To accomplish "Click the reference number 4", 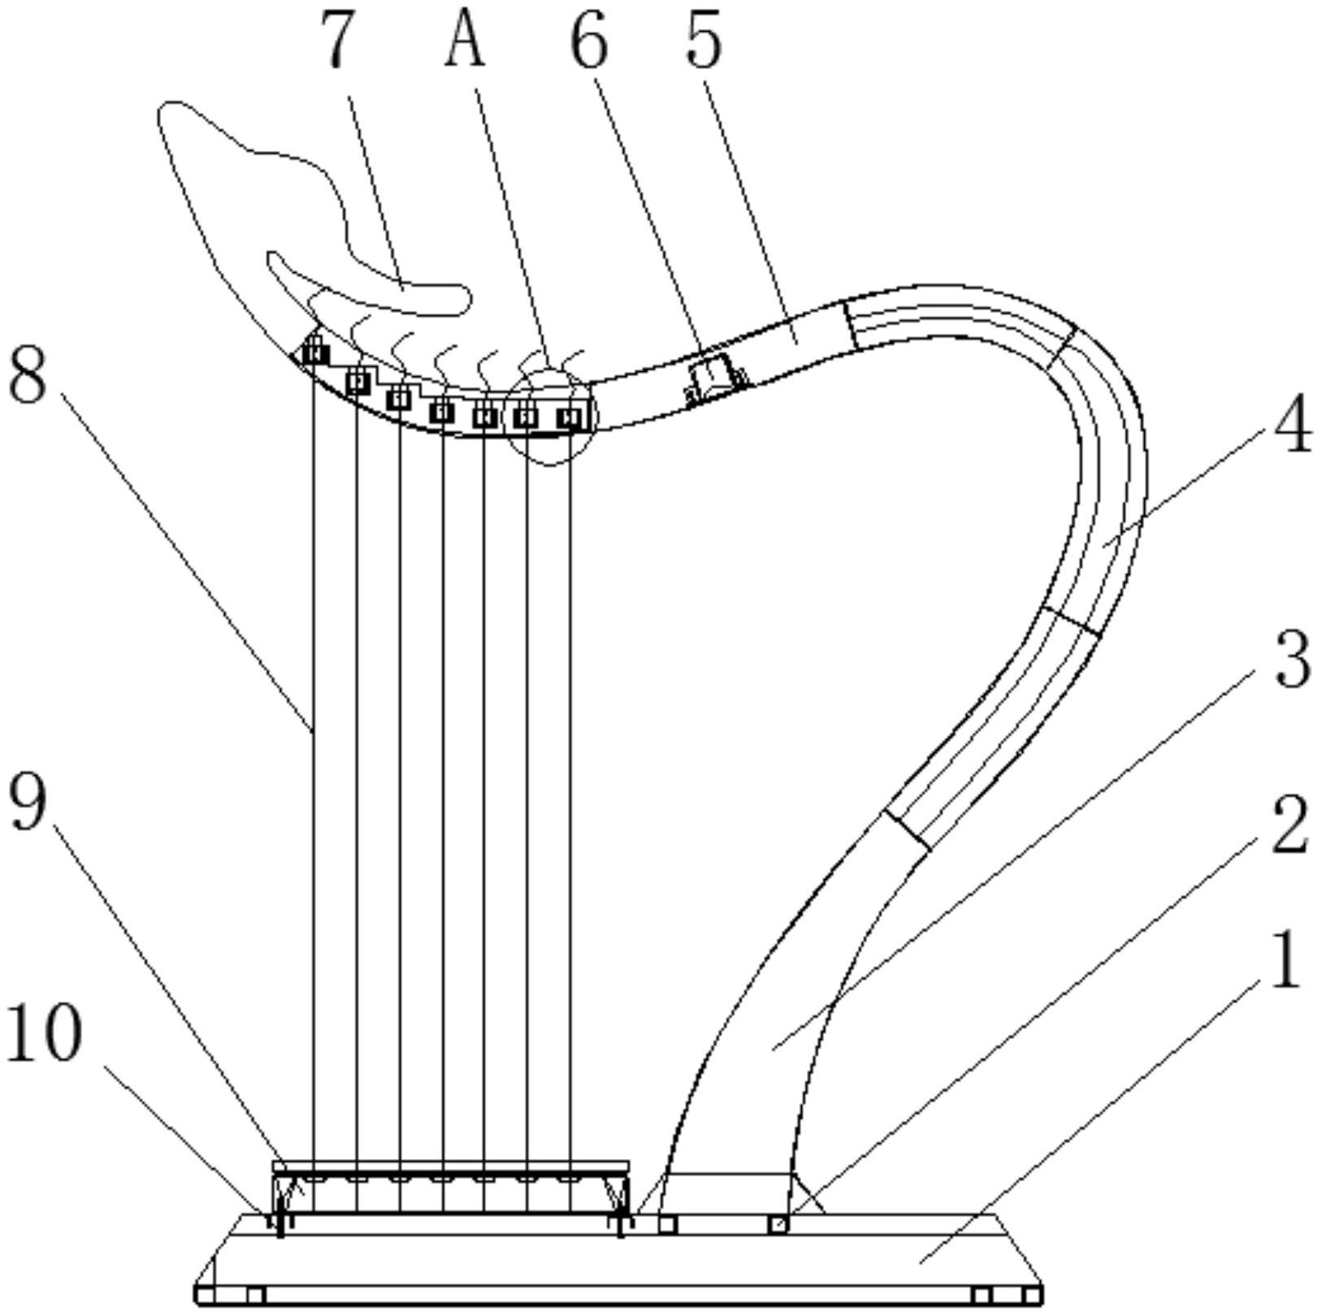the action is tap(1292, 423).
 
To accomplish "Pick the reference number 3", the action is tap(1292, 659).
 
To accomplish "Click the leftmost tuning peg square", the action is tap(315, 353).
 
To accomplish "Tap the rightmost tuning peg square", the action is tap(570, 418).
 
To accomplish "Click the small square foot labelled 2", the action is tap(778, 1223).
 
